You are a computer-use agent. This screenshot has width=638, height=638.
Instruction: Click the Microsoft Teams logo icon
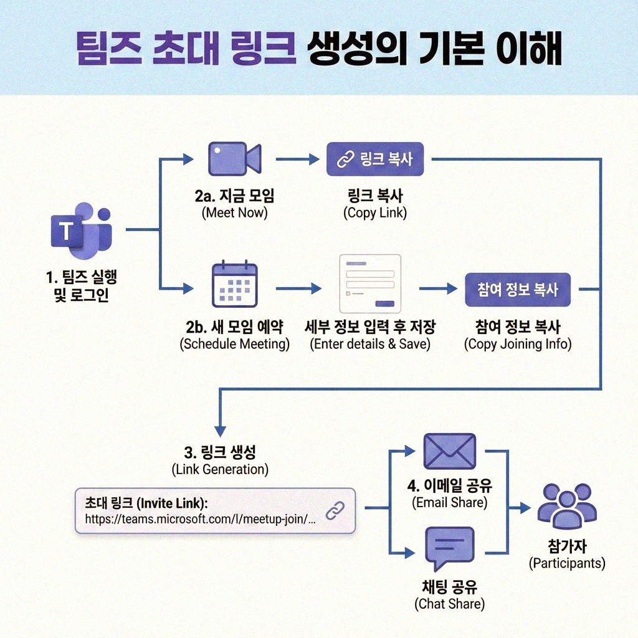[x=81, y=231]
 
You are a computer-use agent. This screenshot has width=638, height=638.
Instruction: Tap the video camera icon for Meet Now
[x=234, y=158]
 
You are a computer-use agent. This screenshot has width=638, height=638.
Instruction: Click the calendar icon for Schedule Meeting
[x=234, y=284]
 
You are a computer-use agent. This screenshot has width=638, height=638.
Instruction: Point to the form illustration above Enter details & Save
[x=369, y=283]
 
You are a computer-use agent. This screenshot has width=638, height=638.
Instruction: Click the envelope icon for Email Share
[x=449, y=451]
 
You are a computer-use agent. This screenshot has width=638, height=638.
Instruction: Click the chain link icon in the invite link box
[x=335, y=510]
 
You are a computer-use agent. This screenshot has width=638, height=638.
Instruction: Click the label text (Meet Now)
[x=234, y=212]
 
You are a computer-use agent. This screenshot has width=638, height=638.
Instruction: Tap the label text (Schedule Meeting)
[x=234, y=343]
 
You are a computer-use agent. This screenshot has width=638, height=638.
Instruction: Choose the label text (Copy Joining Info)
[x=518, y=343]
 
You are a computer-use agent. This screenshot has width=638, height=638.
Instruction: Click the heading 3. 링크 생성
[x=220, y=451]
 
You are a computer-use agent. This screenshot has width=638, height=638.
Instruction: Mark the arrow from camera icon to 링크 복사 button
[x=297, y=159]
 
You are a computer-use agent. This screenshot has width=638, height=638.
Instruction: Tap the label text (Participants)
[x=567, y=563]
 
